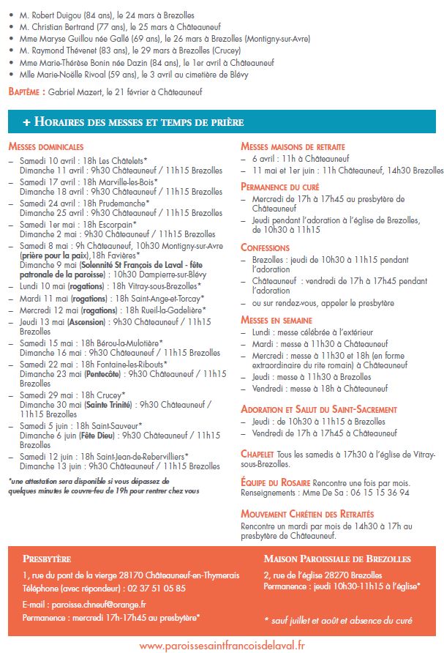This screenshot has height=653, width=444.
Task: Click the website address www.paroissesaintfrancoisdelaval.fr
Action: click(222, 645)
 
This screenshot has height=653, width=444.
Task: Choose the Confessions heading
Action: click(265, 247)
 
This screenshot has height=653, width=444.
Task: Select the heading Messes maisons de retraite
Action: click(293, 147)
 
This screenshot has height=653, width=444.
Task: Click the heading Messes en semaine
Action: click(276, 320)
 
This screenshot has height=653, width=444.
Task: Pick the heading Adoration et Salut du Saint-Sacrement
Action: click(319, 409)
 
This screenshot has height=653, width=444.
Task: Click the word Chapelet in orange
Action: click(257, 454)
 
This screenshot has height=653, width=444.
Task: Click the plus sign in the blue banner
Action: click(26, 122)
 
